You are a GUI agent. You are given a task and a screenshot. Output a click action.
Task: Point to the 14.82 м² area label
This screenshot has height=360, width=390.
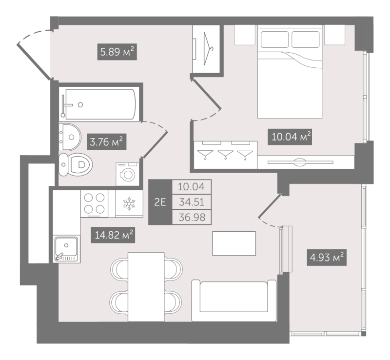point(113,236)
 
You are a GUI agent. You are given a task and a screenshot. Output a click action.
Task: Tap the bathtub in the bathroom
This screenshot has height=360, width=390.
point(100,103)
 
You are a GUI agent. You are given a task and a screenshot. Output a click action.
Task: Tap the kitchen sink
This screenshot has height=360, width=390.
point(65,249)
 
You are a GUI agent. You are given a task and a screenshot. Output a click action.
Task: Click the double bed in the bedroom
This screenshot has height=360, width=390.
point(290,73)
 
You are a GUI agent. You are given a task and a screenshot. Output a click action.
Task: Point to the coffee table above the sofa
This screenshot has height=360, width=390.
point(234,243)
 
